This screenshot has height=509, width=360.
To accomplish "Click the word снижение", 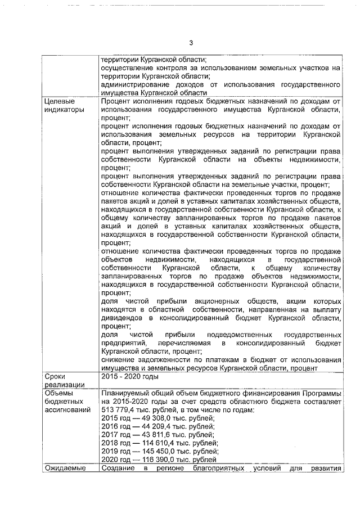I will tap(117, 359).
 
